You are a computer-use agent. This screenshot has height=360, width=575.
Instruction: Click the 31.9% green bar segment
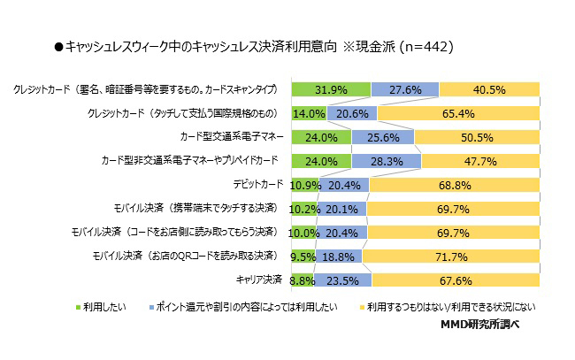point(329,89)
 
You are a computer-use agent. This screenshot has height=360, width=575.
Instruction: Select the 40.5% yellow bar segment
point(489,89)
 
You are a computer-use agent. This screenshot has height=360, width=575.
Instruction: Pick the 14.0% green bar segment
point(308,113)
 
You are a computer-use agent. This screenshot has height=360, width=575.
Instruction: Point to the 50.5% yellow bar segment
point(477,137)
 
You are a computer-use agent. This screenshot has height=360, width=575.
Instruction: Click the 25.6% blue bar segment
point(382,137)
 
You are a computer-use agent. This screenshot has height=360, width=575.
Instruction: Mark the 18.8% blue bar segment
point(337,257)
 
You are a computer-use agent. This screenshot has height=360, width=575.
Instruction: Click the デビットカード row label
point(258,185)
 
